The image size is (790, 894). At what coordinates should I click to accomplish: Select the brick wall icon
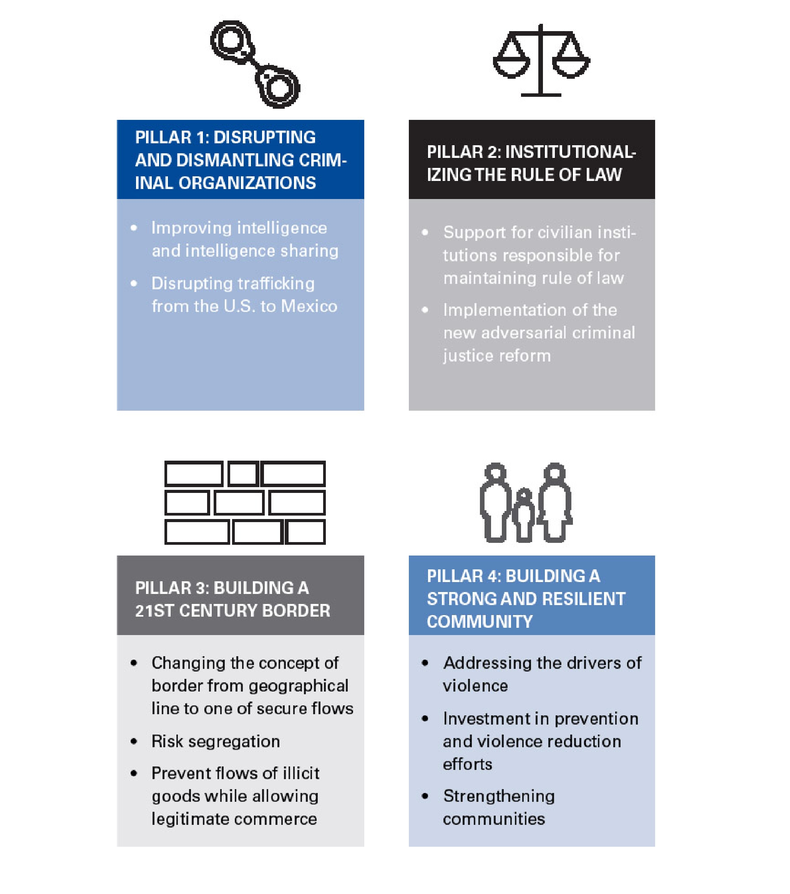[x=245, y=502]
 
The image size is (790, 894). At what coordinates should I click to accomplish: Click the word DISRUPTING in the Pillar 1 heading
[x=265, y=137]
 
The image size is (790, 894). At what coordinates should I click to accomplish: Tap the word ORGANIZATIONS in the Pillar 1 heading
[x=247, y=183]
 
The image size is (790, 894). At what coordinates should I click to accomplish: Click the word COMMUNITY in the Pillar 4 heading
[x=480, y=622]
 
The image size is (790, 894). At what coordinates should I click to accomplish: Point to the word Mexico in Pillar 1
[x=309, y=306]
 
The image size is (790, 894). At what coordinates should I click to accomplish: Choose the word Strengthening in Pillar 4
[x=499, y=796]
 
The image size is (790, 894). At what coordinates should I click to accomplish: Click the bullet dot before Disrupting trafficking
[x=134, y=284]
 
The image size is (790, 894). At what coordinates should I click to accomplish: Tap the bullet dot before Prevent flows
[x=134, y=773]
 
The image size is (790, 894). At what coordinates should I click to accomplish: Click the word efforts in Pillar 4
[x=468, y=764]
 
